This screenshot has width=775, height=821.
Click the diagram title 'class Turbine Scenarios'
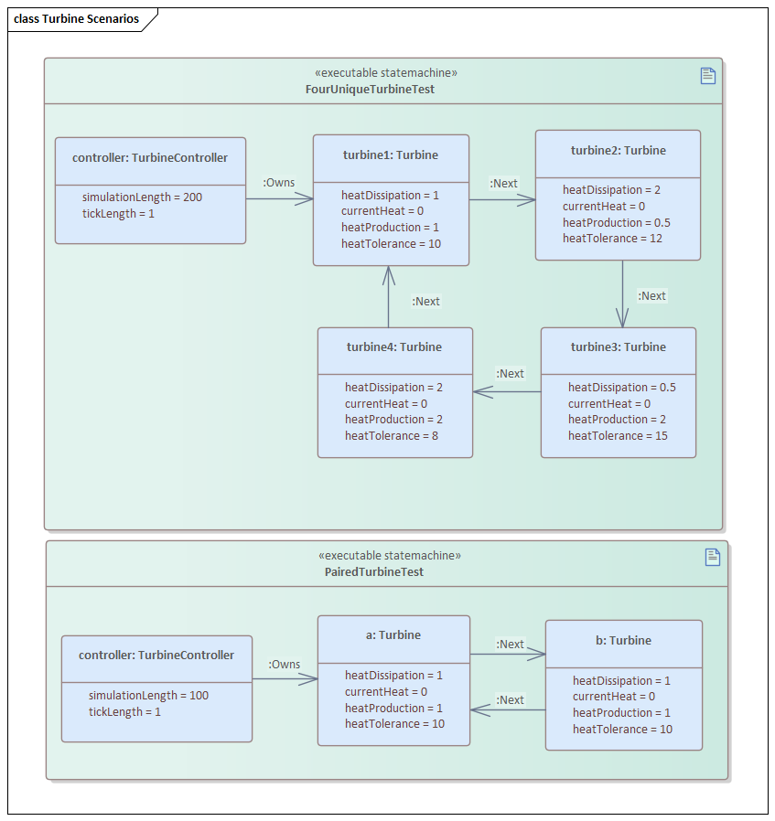[76, 19]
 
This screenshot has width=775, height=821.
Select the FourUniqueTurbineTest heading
[370, 90]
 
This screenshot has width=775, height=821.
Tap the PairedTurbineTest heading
[373, 571]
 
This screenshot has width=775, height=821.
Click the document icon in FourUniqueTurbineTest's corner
[707, 76]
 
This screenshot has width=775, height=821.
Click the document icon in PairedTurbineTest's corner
[713, 557]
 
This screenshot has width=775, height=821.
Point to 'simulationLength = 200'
[142, 197]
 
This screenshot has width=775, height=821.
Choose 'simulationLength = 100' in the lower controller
[148, 695]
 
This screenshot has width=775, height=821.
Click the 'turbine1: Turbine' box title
[391, 155]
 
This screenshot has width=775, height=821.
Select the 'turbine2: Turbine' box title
[618, 151]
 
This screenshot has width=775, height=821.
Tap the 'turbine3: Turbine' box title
[618, 347]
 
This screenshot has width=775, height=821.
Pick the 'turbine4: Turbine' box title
[394, 347]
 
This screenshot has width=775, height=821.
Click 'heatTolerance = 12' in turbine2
[612, 239]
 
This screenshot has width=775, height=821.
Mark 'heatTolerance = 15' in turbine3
[618, 436]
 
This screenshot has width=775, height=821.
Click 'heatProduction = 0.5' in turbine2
[616, 223]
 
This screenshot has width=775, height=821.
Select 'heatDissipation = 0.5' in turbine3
[621, 388]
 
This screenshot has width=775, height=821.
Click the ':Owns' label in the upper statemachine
[279, 183]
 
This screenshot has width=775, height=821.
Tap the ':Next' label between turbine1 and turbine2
[503, 184]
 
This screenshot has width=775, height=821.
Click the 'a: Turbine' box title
[393, 635]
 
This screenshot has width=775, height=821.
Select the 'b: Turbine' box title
[623, 641]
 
